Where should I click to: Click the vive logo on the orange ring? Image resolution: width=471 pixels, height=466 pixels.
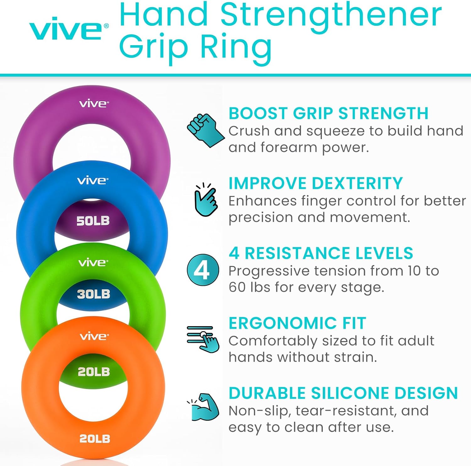point(94,336)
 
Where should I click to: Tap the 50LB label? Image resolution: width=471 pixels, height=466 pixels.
point(93,221)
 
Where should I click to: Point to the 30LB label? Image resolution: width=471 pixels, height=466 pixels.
point(94,294)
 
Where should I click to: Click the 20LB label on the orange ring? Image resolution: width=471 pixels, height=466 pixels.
point(95,439)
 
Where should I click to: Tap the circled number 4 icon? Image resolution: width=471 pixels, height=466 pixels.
point(203,270)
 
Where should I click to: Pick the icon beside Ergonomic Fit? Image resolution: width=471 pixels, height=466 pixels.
point(203,339)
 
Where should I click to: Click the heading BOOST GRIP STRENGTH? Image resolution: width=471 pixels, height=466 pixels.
point(328,113)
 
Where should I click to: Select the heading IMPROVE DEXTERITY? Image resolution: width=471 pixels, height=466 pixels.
point(316,183)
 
